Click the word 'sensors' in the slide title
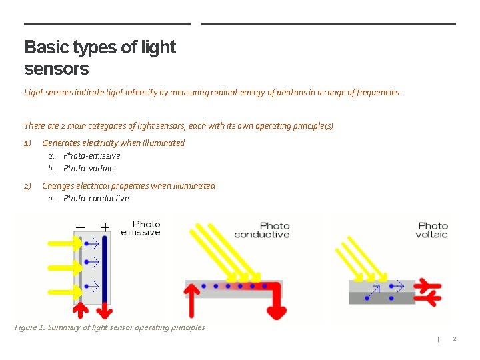tap(56, 69)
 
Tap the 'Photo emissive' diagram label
tap(141, 229)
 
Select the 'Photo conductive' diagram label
tap(262, 231)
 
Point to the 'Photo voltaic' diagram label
tap(433, 231)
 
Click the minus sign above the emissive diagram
tap(81, 227)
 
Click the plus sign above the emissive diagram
tap(105, 227)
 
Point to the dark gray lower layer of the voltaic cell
tap(381, 298)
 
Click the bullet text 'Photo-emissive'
tap(91, 156)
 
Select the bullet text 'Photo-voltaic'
tap(88, 169)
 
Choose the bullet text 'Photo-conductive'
tap(96, 199)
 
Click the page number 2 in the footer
tap(455, 339)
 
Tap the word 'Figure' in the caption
tap(27, 327)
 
